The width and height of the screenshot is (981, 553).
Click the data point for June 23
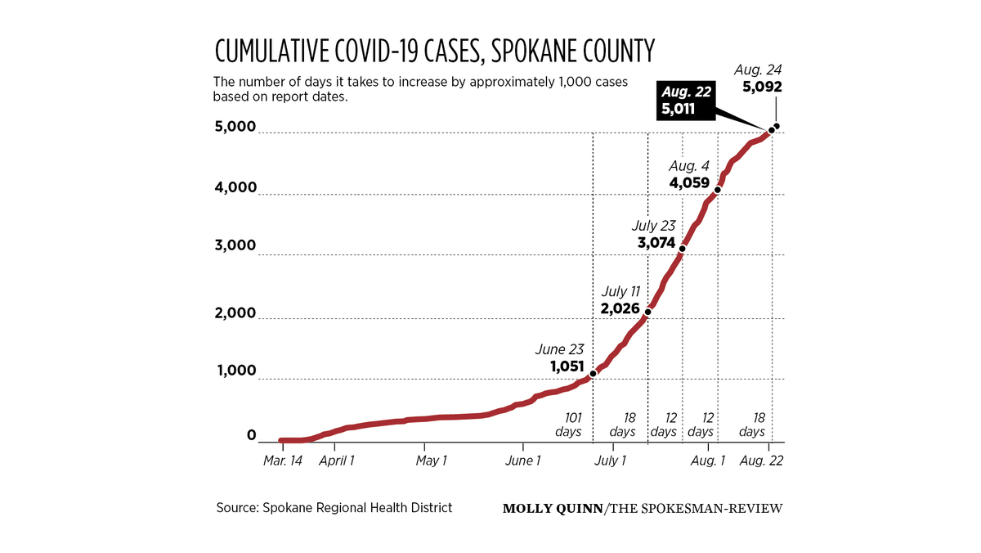(x=593, y=373)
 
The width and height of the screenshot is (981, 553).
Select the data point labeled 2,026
(x=647, y=312)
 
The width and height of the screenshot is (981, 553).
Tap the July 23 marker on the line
(x=682, y=248)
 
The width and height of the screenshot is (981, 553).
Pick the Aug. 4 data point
(x=718, y=189)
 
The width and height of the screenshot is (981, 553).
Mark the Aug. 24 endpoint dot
(x=777, y=126)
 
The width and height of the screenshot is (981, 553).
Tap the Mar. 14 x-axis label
(x=283, y=461)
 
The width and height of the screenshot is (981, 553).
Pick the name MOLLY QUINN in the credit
(x=553, y=509)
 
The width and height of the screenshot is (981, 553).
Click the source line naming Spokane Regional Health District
(x=334, y=508)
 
